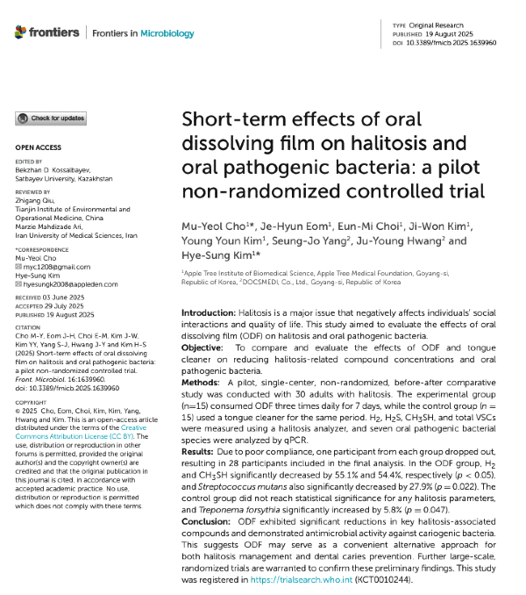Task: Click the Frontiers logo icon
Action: tap(21, 32)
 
